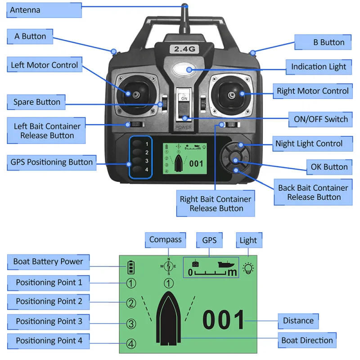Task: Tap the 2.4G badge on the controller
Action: (184, 49)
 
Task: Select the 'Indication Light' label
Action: (318, 67)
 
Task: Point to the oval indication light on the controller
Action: (184, 70)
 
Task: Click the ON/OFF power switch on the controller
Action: (184, 108)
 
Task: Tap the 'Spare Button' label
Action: (36, 102)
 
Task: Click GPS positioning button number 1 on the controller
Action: (137, 144)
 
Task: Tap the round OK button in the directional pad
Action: (234, 158)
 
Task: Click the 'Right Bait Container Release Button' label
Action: (216, 203)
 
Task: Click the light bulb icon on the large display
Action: (248, 269)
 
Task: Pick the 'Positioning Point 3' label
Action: (49, 321)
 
